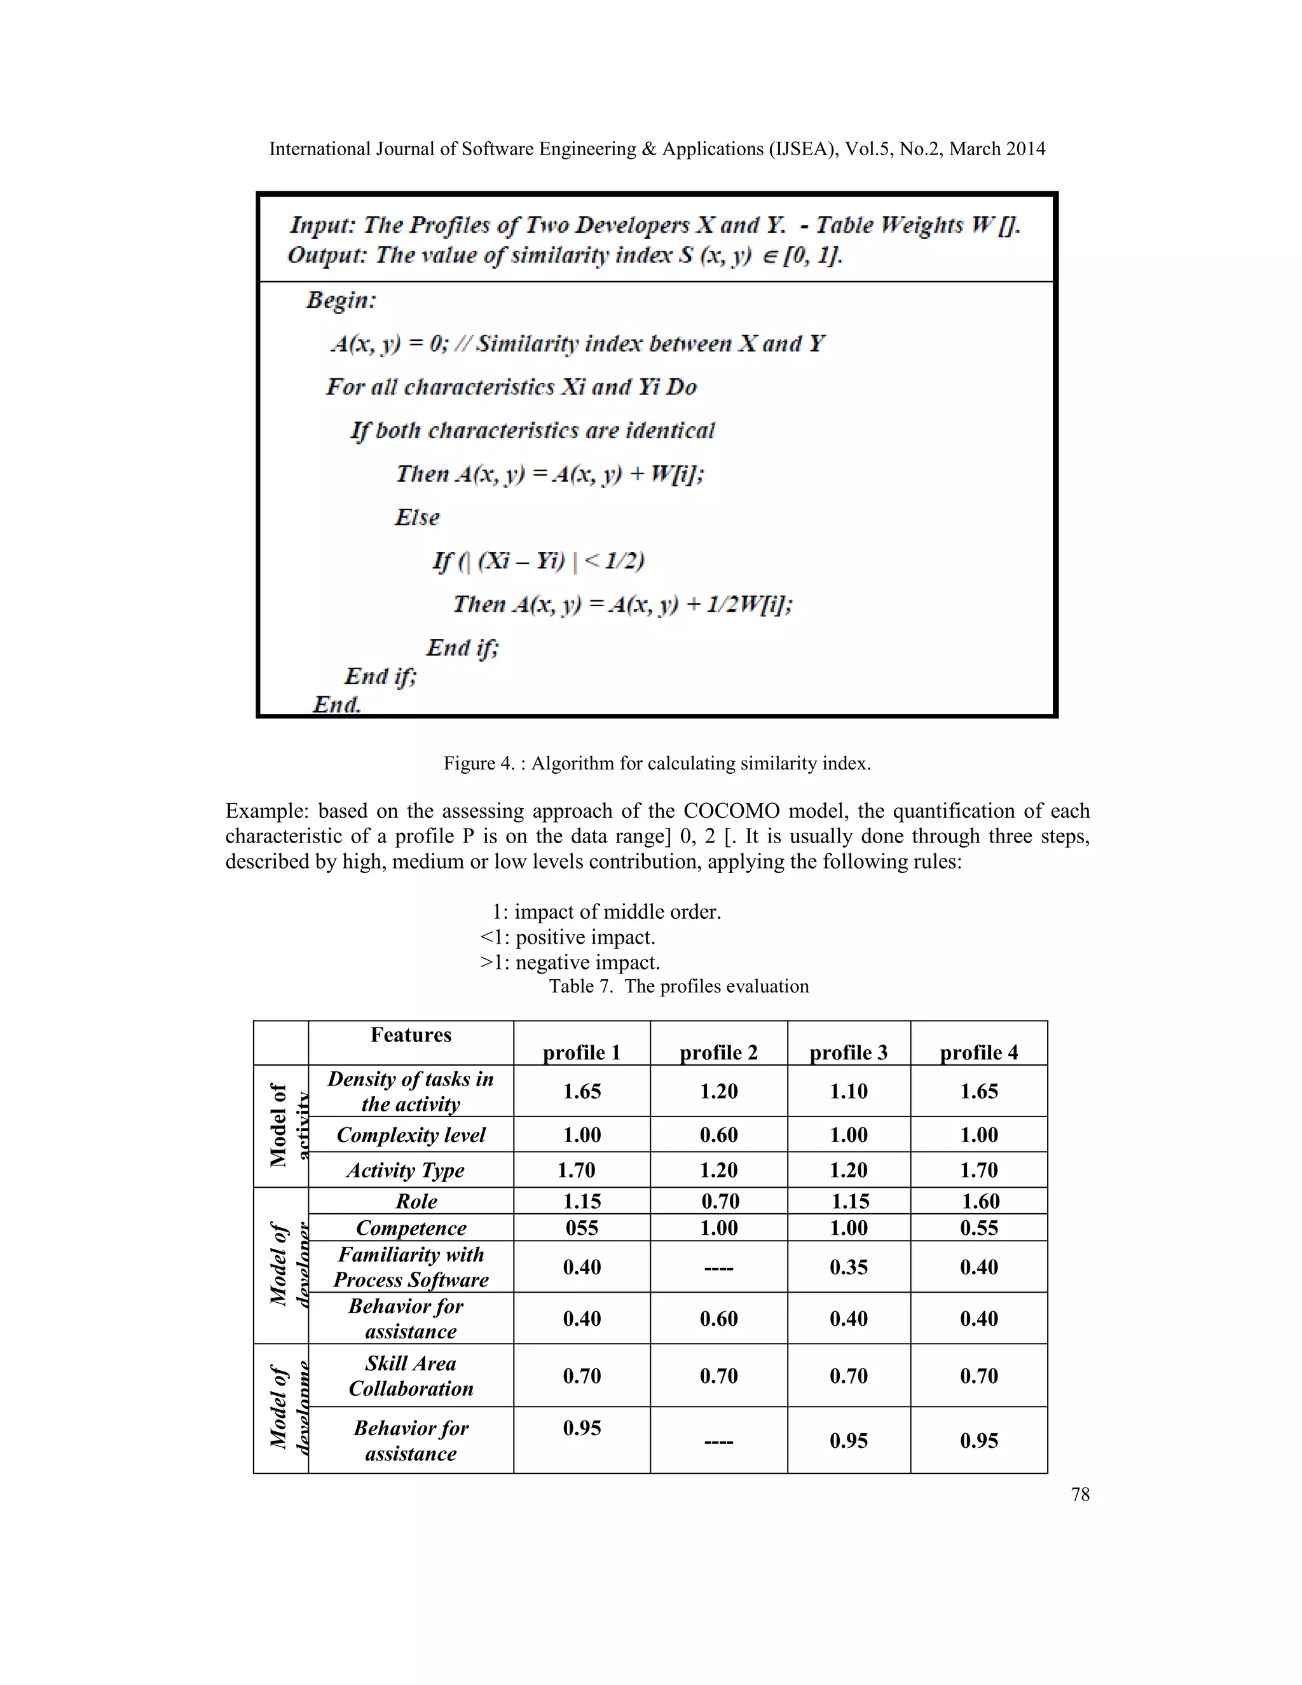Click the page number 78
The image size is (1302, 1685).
coord(1080,1494)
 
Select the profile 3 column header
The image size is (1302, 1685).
coord(849,1052)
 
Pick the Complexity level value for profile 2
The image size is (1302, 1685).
coord(718,1135)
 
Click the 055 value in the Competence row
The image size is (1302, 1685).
coord(582,1227)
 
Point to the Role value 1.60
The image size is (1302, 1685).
coord(980,1201)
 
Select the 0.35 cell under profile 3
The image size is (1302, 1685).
coord(849,1267)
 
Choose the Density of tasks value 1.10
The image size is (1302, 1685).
coord(849,1091)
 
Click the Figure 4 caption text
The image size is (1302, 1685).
coord(656,763)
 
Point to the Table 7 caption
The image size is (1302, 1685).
coord(679,986)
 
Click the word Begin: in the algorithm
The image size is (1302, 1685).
coord(341,300)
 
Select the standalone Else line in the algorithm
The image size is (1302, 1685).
coord(416,517)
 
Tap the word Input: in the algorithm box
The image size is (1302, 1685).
coord(322,225)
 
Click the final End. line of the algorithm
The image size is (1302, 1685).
coord(336,704)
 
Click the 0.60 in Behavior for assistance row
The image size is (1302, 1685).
coord(718,1319)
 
